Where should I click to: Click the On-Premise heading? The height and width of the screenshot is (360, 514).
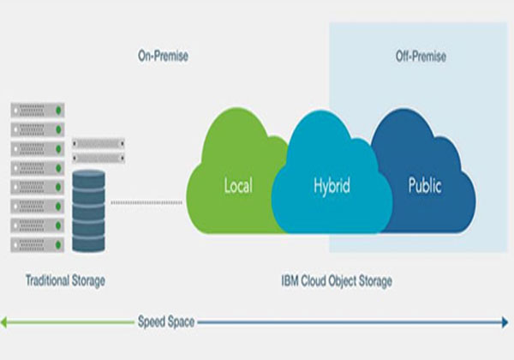click(163, 57)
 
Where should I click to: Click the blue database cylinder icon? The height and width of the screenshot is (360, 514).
click(89, 210)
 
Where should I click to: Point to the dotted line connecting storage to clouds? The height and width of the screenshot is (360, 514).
click(146, 203)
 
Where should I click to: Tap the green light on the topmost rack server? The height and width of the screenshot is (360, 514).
click(59, 111)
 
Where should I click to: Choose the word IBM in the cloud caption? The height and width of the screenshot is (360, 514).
click(290, 279)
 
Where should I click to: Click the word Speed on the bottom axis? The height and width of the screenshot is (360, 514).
click(152, 322)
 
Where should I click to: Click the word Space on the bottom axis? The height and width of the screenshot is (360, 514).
click(182, 322)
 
